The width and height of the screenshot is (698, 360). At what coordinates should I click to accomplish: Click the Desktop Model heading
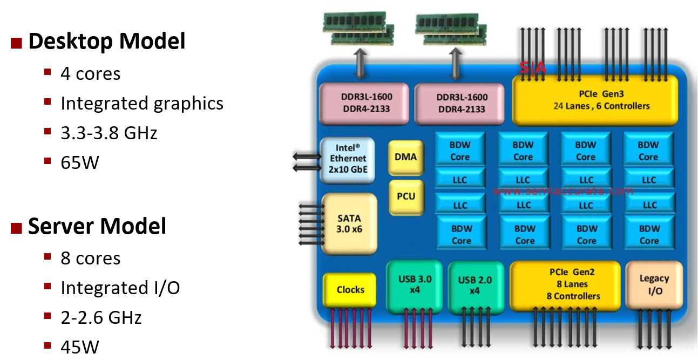tap(106, 41)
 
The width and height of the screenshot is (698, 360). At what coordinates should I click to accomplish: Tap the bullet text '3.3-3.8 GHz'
tap(109, 133)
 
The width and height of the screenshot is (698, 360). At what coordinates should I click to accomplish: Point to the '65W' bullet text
tap(80, 162)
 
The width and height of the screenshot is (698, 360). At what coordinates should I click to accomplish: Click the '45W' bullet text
tap(80, 347)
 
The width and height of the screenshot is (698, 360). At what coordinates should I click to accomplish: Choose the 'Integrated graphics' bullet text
tap(142, 103)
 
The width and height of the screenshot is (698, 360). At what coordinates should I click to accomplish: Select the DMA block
tap(406, 157)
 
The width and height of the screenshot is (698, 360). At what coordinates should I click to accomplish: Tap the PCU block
tap(406, 196)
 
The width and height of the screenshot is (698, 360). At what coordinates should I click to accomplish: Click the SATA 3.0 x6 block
tap(349, 224)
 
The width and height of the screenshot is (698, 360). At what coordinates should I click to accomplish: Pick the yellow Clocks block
tap(350, 290)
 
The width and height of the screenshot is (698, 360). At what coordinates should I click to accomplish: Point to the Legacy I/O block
tap(654, 284)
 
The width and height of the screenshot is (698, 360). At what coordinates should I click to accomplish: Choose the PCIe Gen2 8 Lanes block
tap(565, 284)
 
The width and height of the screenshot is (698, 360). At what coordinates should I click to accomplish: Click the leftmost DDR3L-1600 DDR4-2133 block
tap(367, 103)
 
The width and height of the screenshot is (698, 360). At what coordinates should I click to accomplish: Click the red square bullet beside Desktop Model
tap(17, 43)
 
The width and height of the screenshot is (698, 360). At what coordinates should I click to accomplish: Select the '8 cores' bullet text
tap(91, 258)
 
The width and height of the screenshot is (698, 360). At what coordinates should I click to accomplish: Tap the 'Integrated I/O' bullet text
tap(120, 288)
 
